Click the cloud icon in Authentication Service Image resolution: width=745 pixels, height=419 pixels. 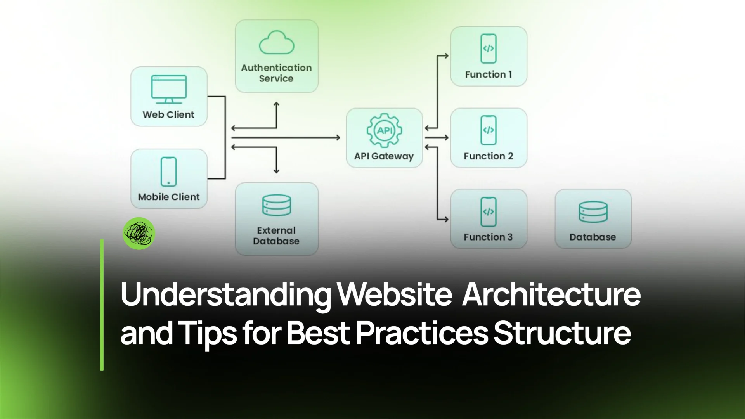point(276,43)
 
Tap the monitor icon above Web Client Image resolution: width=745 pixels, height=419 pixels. point(169,89)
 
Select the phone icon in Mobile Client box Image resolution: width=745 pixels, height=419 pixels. point(168,172)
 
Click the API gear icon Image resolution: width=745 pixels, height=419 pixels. point(384,130)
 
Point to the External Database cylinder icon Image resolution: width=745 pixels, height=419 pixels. point(276,205)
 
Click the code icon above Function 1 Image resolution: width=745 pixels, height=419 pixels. point(488,48)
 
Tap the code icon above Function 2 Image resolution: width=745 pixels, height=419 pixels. point(488,130)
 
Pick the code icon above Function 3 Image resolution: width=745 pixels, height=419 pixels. point(488,211)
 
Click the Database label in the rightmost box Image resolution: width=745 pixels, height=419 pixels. point(593,237)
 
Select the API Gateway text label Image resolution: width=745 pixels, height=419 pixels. point(384,156)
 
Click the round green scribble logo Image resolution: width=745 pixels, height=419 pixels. point(139,233)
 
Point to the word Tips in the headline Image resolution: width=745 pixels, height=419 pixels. point(207,333)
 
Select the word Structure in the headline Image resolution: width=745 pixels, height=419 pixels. point(562,333)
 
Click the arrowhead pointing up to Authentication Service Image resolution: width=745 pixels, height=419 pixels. point(276,104)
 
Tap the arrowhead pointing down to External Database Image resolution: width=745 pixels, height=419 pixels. point(276,171)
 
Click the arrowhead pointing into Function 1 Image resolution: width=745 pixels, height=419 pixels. point(446,56)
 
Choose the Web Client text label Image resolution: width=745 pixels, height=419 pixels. point(168,115)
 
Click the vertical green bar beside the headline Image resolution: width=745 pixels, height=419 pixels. point(102,305)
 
